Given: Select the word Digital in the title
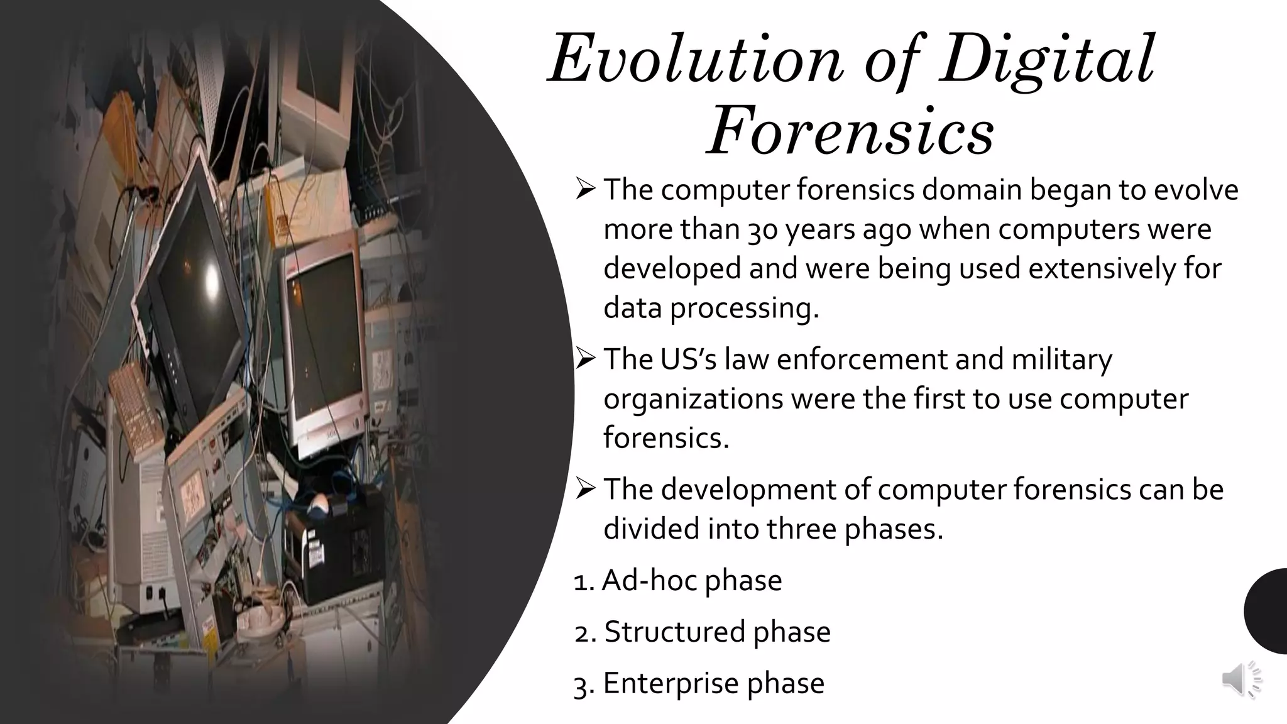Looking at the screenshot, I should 1047,60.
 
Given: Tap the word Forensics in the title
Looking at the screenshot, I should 850,133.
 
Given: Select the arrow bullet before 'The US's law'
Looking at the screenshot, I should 585,359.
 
